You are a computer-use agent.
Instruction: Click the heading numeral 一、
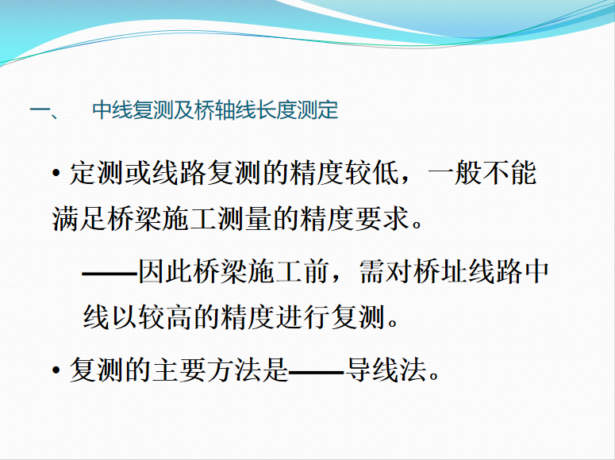click(x=44, y=110)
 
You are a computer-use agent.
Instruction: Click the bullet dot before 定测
click(x=56, y=173)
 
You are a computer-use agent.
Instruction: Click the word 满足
click(x=79, y=218)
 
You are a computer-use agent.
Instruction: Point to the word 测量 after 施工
click(x=244, y=218)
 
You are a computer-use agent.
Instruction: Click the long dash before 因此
click(x=110, y=272)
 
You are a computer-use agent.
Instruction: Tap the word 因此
click(x=165, y=271)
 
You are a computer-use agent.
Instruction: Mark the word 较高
click(x=165, y=317)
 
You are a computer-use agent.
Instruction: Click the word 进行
click(x=302, y=317)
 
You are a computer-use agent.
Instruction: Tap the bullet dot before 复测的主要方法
click(x=56, y=370)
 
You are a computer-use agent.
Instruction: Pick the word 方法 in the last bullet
click(x=234, y=370)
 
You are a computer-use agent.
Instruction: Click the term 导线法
click(x=386, y=370)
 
